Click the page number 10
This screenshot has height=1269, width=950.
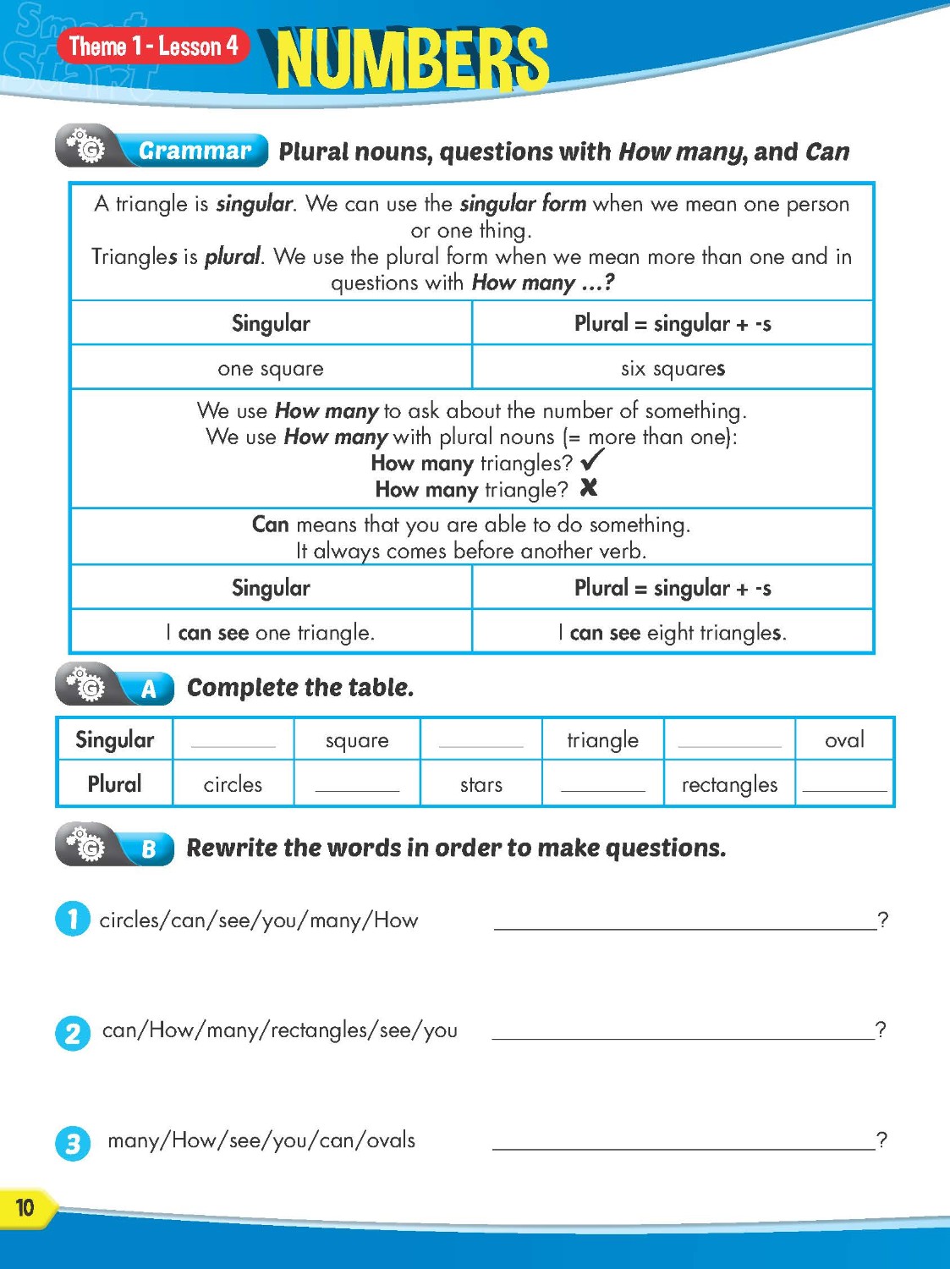coord(25,1207)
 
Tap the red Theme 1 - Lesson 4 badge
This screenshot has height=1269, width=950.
coord(153,46)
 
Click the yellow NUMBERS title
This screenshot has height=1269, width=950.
coord(412,59)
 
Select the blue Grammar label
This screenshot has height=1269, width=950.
coord(195,151)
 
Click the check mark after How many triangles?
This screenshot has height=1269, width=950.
coord(592,460)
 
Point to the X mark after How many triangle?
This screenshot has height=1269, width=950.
coord(589,487)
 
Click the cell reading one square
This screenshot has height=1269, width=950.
coord(271,368)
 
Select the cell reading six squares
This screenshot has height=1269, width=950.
coord(673,368)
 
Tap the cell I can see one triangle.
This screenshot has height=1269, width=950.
coord(271,632)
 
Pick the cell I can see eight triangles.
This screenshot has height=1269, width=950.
coord(673,632)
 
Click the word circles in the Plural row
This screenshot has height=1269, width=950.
coord(233,784)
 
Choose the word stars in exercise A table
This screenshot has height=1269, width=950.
coord(481,784)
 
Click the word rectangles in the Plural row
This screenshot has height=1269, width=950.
coord(729,784)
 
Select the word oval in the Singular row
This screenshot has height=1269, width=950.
coord(844,739)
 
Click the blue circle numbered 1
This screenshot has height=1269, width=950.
coord(73,919)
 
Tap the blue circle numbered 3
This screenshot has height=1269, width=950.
coord(73,1144)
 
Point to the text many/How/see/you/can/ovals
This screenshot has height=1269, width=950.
coord(261,1140)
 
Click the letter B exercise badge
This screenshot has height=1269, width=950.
coord(149,849)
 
